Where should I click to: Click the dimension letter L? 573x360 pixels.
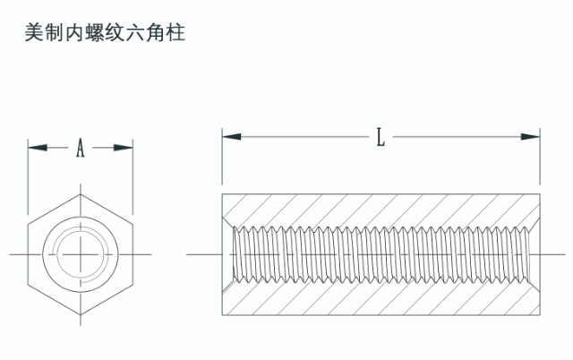[x=381, y=137]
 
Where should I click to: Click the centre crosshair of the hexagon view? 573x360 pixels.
[x=80, y=255]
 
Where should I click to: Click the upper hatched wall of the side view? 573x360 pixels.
[x=381, y=208]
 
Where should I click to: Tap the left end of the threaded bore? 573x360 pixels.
[x=235, y=255]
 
